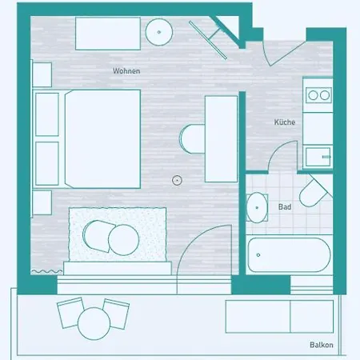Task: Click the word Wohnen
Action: (x=126, y=71)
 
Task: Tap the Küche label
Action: (x=285, y=122)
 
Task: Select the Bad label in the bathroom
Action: (x=284, y=206)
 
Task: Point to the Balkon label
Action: (x=321, y=346)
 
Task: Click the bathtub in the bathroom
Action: (x=288, y=254)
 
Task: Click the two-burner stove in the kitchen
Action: (x=319, y=95)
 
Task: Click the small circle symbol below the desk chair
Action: (x=177, y=180)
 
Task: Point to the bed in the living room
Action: (x=100, y=138)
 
